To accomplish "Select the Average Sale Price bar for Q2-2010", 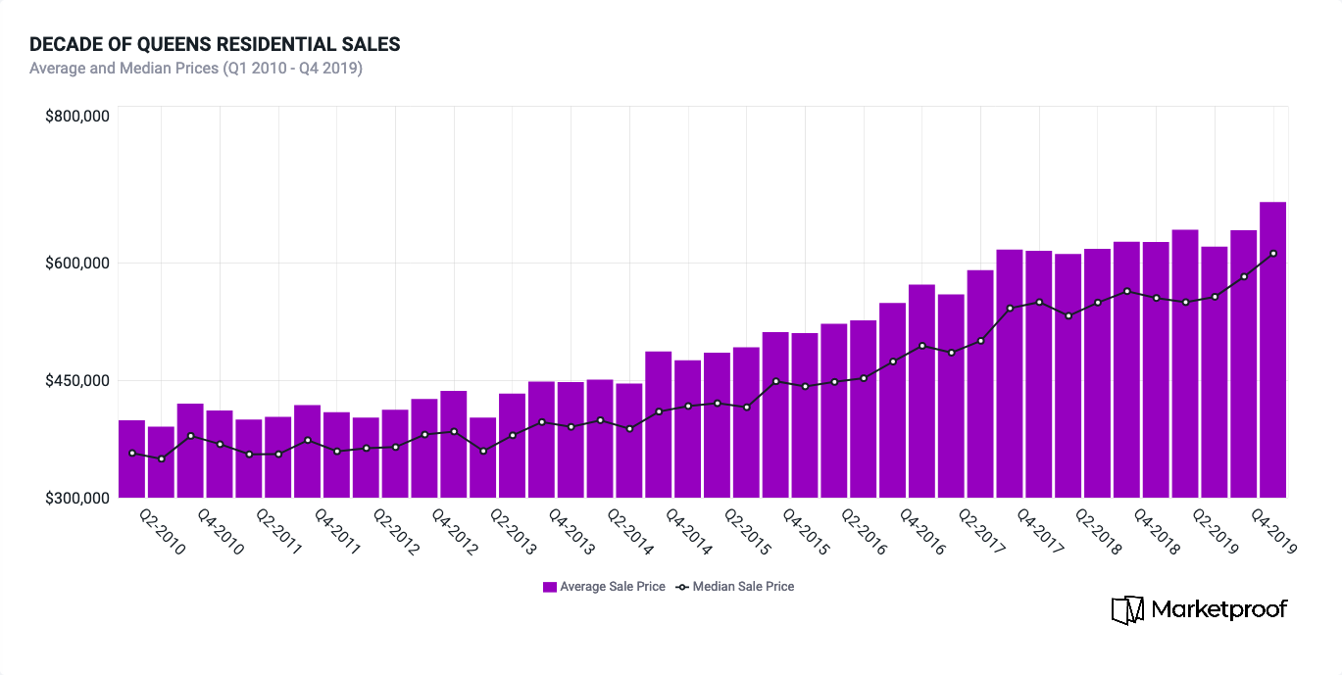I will coord(161,461).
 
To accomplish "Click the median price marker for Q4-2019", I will coord(1272,254).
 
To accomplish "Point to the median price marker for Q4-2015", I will coord(805,386).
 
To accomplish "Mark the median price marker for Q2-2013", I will coord(512,435).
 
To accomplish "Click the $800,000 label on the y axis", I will coord(76,117).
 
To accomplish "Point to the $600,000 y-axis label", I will coord(76,263).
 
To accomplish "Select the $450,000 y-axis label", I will coord(76,380).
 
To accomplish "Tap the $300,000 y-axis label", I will coord(76,498).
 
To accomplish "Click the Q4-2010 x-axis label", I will coord(222,532).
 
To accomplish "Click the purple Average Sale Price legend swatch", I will coord(550,587).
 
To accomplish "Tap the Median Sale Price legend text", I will coord(743,587).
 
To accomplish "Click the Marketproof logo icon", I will coord(1127,609).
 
